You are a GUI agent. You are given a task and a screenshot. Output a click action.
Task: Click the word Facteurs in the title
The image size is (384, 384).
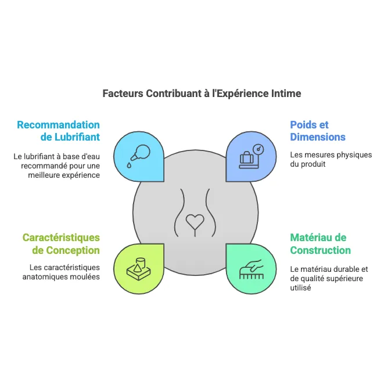pos(123,94)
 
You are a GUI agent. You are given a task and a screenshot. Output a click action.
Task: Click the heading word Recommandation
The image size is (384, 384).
pos(58,125)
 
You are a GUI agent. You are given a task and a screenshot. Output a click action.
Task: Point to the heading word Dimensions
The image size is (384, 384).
pos(318,138)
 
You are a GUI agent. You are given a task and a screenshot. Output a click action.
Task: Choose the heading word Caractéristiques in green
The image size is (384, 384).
pos(61,238)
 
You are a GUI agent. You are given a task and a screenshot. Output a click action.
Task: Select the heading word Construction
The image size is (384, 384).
pos(320,250)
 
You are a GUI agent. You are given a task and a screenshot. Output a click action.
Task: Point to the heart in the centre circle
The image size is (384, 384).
pos(195,221)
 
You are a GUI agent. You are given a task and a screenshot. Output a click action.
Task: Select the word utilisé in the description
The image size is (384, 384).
pos(301,288)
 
